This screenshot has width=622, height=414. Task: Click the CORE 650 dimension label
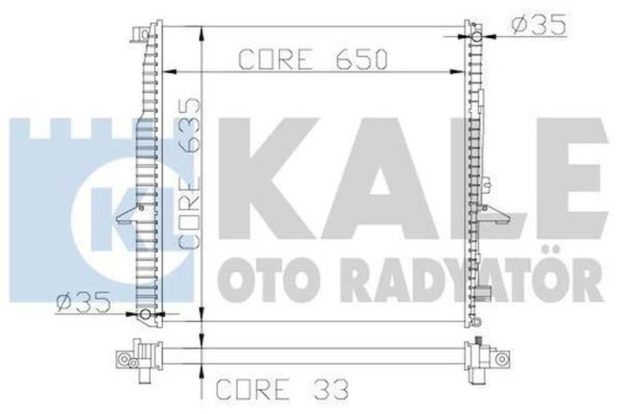(x=313, y=60)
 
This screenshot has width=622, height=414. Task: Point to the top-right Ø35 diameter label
(x=539, y=24)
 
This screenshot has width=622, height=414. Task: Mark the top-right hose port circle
(x=477, y=37)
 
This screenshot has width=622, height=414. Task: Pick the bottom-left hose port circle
(x=146, y=315)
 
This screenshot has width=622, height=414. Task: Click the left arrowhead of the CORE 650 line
(x=169, y=72)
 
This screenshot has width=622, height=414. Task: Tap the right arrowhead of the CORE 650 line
(x=457, y=72)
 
